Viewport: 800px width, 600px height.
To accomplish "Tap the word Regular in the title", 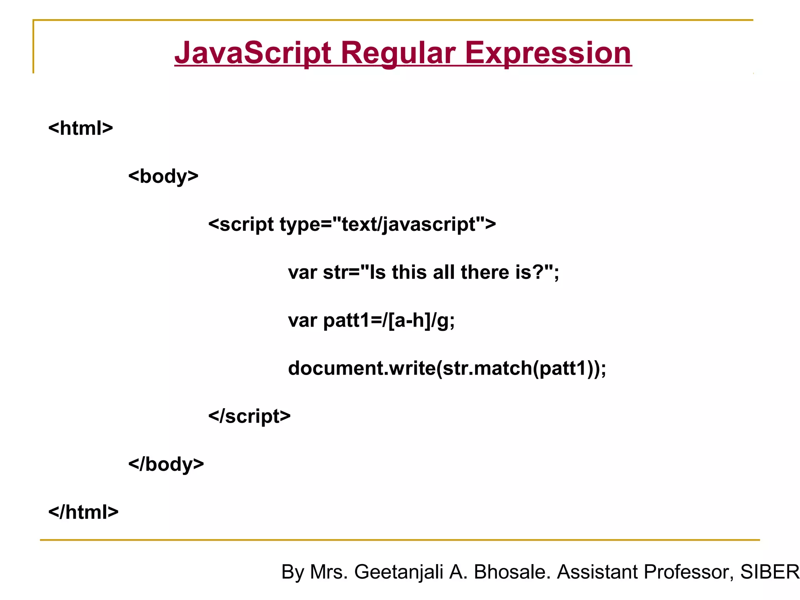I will click(398, 53).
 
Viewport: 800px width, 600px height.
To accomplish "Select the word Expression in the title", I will click(548, 53).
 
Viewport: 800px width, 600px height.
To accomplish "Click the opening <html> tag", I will click(80, 128).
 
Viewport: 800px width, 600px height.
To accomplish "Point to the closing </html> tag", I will click(83, 512).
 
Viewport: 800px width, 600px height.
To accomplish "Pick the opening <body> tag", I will click(163, 176).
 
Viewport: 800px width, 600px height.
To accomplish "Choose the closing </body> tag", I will click(166, 464).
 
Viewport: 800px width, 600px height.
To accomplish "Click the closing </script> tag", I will click(249, 416).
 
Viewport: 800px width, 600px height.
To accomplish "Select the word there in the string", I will click(484, 272).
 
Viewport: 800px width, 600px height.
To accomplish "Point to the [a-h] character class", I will click(409, 320).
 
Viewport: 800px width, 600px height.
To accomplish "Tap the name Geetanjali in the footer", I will click(398, 572).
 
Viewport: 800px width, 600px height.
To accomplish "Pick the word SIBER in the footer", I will click(770, 572).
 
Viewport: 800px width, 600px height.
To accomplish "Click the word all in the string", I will click(444, 272).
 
